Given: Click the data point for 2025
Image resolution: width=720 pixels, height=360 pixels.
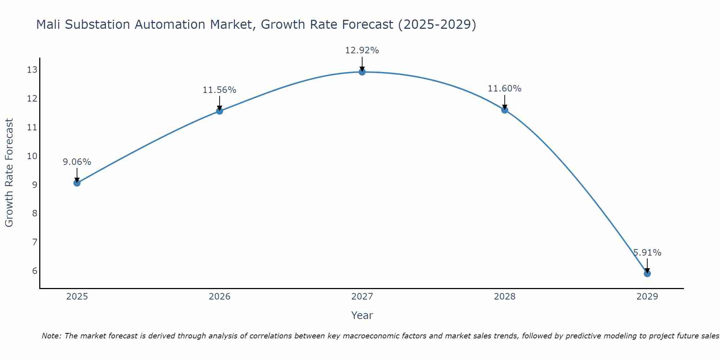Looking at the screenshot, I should (77, 183).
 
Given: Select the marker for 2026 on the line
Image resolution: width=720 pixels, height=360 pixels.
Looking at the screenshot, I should (220, 111).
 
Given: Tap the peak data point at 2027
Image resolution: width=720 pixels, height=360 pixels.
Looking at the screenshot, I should (362, 72).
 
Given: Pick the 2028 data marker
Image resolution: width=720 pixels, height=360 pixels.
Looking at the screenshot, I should (505, 110).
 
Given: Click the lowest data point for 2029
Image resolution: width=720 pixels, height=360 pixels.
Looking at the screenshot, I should (647, 274).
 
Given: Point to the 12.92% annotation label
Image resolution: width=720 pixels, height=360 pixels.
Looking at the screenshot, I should (362, 50).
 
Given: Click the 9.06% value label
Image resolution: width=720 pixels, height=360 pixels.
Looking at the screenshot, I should (77, 162).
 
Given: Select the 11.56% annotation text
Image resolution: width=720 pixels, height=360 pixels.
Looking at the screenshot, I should (219, 90).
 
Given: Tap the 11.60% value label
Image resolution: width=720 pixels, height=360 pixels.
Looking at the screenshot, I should (504, 89).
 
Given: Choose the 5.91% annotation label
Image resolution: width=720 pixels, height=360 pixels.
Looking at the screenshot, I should (647, 253).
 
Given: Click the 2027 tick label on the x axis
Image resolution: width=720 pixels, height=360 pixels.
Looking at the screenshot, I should (362, 297).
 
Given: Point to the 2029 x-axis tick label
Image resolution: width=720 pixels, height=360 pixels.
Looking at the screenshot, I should (647, 297).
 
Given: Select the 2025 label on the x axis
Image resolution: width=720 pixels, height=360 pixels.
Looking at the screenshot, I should (77, 297).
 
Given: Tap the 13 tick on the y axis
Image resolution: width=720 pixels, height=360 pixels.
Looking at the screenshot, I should (32, 70).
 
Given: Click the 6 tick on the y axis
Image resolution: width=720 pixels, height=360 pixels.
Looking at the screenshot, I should (35, 271).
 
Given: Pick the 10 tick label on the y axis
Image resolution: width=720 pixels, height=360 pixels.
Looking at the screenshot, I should (32, 156).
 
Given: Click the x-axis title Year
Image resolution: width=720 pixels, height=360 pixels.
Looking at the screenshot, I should (362, 315).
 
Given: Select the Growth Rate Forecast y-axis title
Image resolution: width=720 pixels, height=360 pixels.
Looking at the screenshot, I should (9, 173).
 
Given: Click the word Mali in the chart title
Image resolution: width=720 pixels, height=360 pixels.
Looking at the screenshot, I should (49, 24).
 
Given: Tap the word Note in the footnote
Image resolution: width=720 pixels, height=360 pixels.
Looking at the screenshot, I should (52, 336).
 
